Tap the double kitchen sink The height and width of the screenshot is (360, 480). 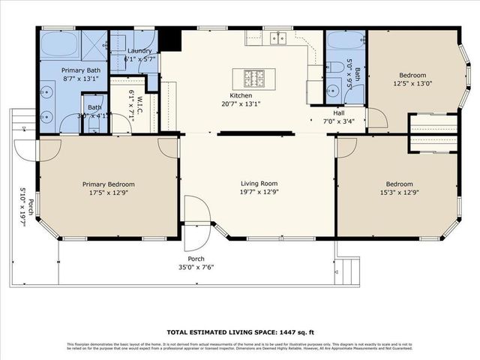point(282,37)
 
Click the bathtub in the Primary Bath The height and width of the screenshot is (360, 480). point(60,43)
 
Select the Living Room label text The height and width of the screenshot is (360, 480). point(259,184)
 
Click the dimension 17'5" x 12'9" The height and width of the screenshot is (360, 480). point(108,193)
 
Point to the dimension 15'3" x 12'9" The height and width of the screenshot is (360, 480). point(398,193)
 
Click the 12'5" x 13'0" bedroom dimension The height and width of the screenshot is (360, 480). point(412,85)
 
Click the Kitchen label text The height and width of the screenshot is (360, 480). point(240,94)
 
